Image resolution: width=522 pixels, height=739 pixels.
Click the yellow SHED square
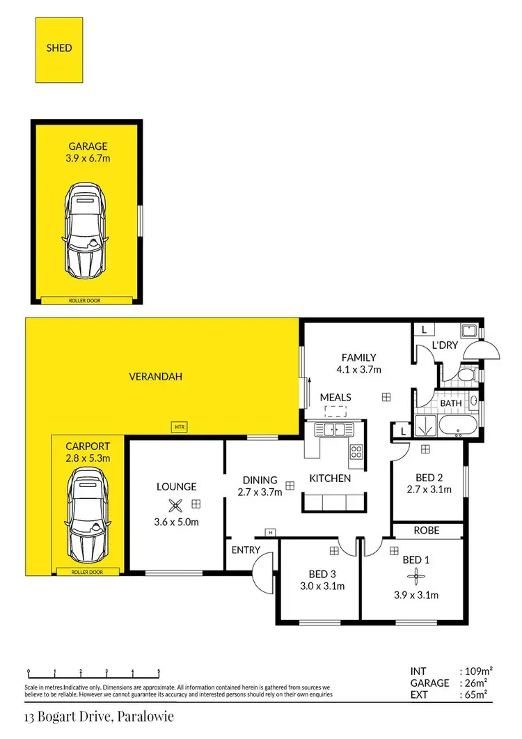59,49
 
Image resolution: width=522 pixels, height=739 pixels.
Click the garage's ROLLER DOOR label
88,301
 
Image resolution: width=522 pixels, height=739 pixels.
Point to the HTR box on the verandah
180,426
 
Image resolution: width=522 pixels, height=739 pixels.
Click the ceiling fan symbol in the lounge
177,506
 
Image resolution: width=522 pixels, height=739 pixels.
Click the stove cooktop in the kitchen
356,451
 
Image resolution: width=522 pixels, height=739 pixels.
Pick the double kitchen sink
334,429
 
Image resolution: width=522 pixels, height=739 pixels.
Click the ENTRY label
246,550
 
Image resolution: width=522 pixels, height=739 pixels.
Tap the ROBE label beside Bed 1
426,530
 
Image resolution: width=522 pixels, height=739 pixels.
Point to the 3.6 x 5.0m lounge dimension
177,522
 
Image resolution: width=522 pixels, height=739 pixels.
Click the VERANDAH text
156,377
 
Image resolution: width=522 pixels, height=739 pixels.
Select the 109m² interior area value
479,671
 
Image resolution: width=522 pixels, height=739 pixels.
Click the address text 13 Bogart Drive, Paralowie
98,715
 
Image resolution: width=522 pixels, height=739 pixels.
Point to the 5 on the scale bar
159,672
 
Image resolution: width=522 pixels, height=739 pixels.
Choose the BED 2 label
429,477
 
